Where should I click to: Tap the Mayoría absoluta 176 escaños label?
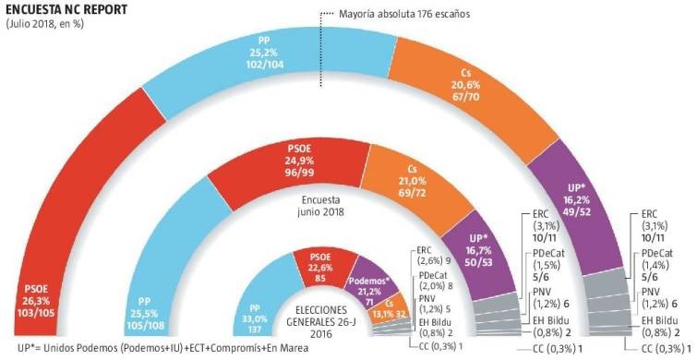391,15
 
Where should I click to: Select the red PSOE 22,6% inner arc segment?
319,268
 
